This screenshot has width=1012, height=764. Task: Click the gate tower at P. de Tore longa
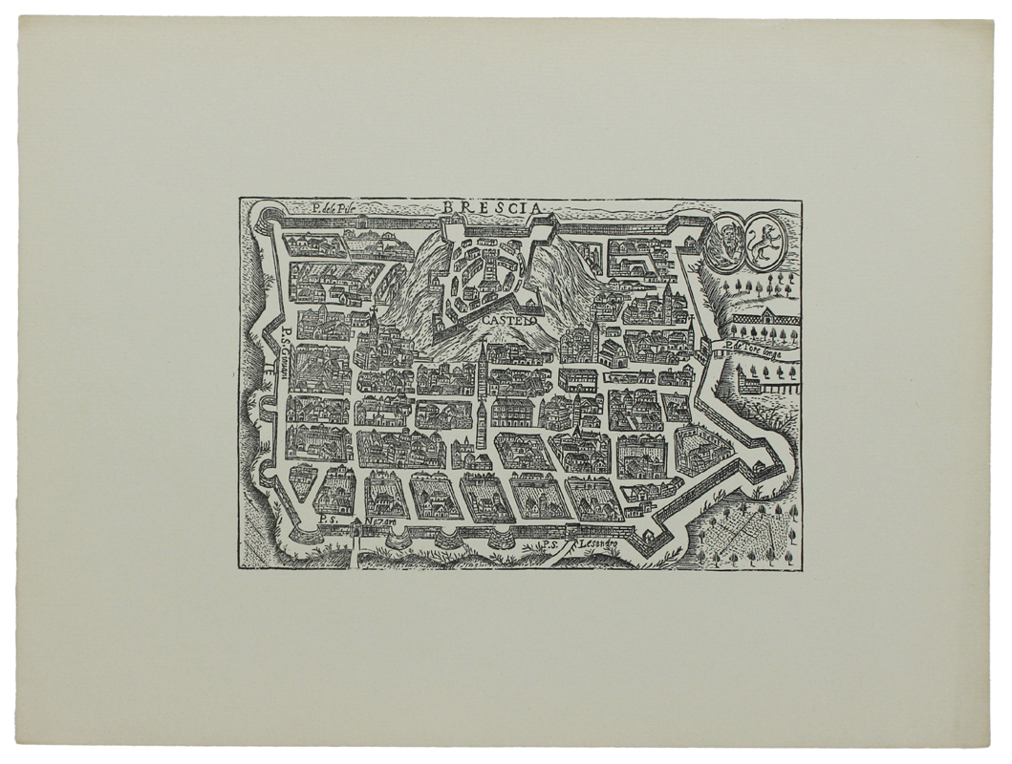tap(710, 346)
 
